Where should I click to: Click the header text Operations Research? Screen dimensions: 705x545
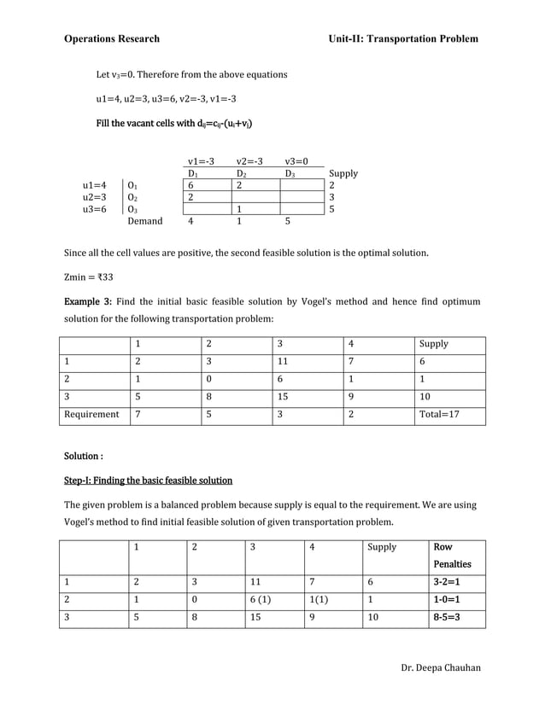[x=111, y=38]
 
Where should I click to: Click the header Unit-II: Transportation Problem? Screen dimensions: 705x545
[x=403, y=38]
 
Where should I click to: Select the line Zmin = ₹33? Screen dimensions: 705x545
[x=89, y=277]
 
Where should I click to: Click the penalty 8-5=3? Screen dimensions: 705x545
[x=447, y=618]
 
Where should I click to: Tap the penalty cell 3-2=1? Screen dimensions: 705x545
[x=447, y=582]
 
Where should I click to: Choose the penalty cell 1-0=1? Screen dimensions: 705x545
[x=447, y=600]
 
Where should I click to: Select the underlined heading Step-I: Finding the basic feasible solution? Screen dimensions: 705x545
[x=149, y=480]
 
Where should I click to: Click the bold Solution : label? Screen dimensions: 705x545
[x=84, y=456]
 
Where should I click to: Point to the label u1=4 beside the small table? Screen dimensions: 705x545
[x=95, y=185]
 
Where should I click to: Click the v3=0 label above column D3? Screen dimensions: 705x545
[x=297, y=160]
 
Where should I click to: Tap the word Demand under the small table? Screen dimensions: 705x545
[x=144, y=221]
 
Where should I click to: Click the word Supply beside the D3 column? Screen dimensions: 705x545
[x=343, y=173]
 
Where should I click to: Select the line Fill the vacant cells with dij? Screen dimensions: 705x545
[x=174, y=124]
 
